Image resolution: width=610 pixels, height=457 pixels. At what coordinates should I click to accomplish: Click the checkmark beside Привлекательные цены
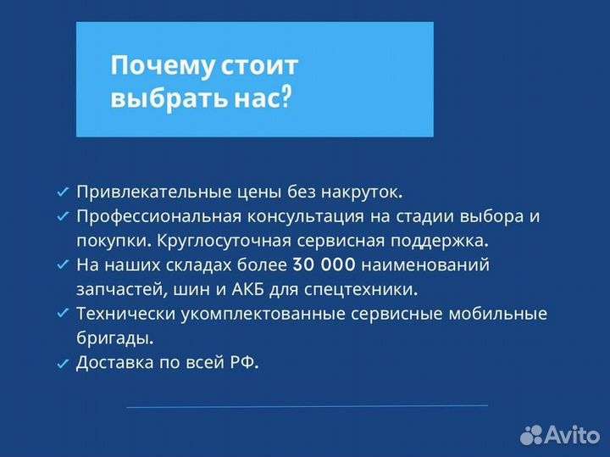pos(62,192)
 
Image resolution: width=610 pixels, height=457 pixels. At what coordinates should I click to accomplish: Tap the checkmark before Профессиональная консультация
pos(62,217)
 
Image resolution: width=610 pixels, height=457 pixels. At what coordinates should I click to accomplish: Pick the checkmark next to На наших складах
pos(62,265)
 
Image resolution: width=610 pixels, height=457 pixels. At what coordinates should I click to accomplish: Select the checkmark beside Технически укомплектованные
pos(62,315)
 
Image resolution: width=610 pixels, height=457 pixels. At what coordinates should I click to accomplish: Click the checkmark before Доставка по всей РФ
pos(62,364)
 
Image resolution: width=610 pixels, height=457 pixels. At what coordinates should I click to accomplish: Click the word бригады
pos(114,338)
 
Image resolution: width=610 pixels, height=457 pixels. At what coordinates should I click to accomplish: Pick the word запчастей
pos(115,289)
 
